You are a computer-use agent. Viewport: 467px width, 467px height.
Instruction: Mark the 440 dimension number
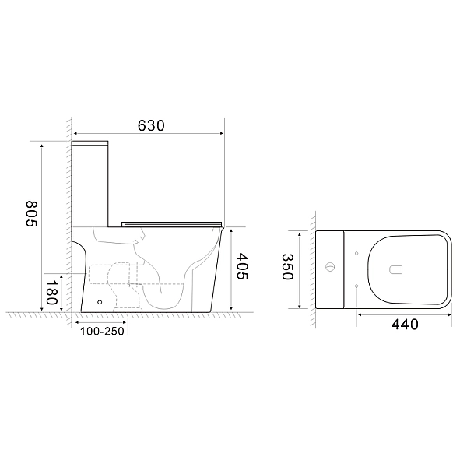[403, 324]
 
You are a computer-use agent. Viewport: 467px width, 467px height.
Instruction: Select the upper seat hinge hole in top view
[356, 252]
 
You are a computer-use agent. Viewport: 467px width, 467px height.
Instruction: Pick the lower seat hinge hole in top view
[356, 287]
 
